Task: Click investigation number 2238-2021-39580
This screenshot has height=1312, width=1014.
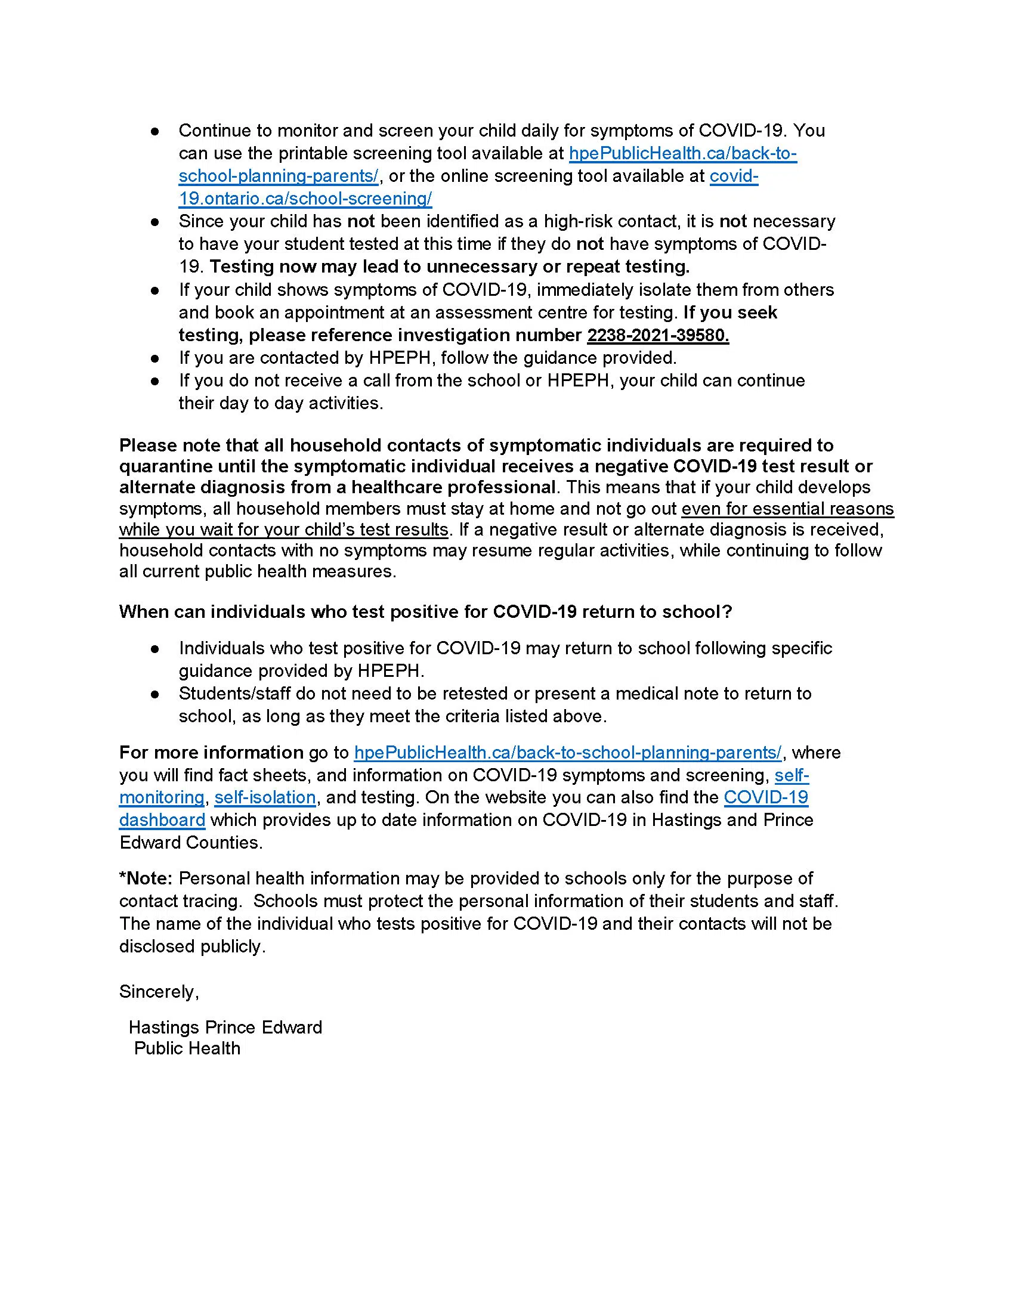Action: pos(658,335)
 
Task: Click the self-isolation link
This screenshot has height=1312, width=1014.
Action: pos(265,797)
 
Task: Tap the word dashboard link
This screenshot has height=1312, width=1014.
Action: pos(162,820)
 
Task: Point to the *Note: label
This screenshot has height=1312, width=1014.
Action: pos(146,878)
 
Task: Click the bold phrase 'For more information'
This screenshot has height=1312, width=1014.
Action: pos(211,753)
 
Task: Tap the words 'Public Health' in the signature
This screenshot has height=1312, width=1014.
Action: pos(187,1048)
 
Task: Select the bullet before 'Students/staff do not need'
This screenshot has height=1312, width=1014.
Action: pos(155,694)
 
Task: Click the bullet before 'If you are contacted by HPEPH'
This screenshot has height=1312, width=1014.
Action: pos(155,358)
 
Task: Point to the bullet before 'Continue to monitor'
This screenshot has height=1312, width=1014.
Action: pos(155,131)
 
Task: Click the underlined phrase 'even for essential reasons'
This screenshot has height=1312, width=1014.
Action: pos(787,509)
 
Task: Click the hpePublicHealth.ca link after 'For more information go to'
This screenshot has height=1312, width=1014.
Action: pos(568,753)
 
